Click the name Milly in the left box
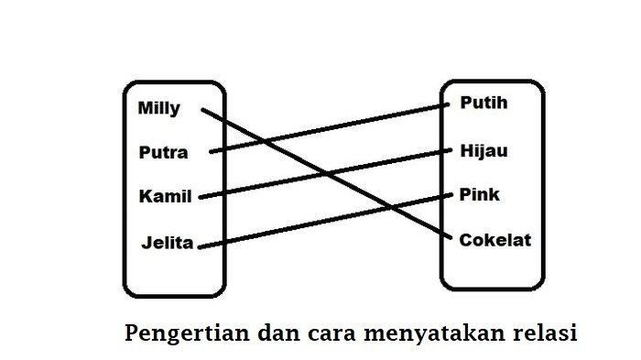click(x=159, y=108)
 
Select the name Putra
click(x=164, y=152)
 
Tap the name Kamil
click(x=163, y=196)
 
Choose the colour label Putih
click(x=483, y=103)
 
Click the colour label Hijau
click(x=483, y=150)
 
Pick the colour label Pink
click(x=480, y=195)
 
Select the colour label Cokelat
click(x=495, y=240)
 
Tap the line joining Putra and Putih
click(x=366, y=122)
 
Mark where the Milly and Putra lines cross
click(x=259, y=140)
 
